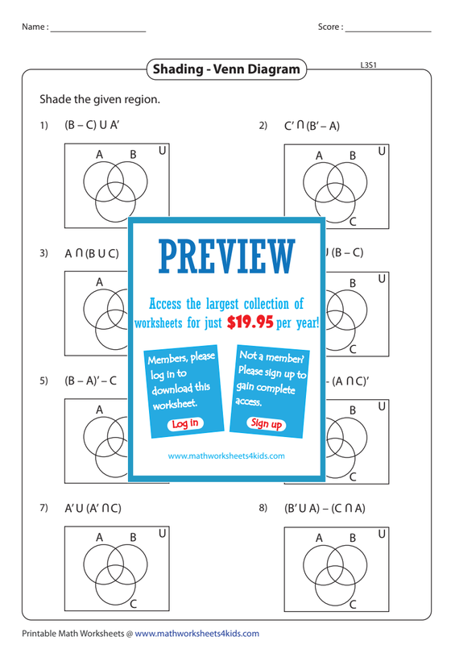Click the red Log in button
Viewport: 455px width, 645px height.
tap(185, 424)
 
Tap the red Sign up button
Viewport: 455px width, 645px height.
tap(267, 423)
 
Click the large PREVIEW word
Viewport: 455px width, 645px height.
tap(227, 256)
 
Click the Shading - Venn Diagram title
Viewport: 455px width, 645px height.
tap(226, 69)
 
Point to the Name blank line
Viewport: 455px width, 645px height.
tap(98, 31)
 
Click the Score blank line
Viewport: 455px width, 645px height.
tap(388, 31)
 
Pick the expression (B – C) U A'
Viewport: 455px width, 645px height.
tap(92, 125)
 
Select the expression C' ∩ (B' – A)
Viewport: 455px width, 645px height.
tap(312, 126)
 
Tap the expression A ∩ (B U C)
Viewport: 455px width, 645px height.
tap(92, 253)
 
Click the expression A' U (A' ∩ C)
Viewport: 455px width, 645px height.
tap(93, 509)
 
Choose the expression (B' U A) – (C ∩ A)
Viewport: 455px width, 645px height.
tap(325, 509)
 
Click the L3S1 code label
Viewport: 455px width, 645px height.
tap(368, 65)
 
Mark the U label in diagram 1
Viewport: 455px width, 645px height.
tap(163, 151)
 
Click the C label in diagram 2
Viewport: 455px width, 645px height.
tap(353, 223)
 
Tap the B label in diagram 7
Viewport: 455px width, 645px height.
tap(133, 537)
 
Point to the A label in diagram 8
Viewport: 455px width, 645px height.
tap(319, 538)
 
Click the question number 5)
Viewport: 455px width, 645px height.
tap(44, 381)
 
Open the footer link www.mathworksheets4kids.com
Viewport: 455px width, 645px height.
tap(196, 634)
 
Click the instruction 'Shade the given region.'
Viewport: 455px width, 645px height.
tap(100, 99)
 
